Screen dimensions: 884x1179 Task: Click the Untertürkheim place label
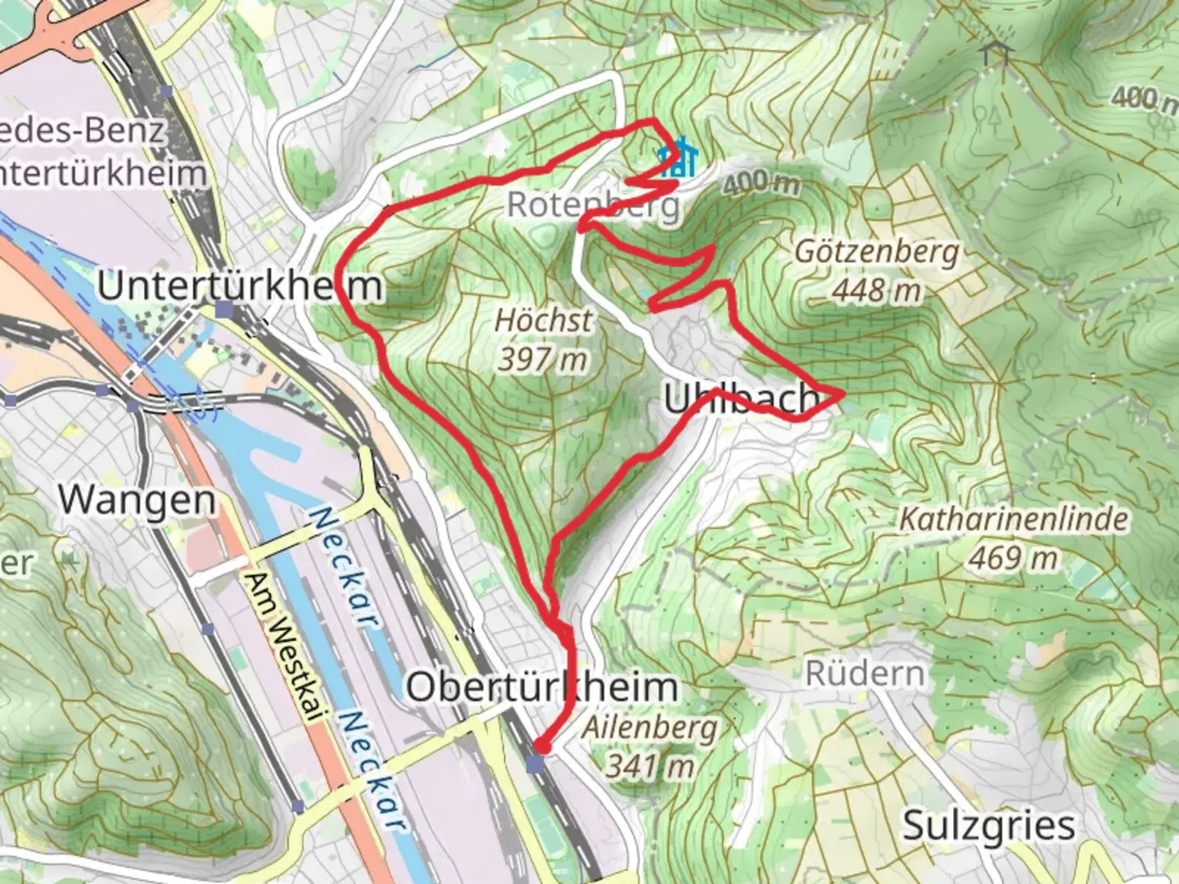point(239,286)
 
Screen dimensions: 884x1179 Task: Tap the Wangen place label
point(137,499)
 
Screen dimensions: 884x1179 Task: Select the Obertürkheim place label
point(542,686)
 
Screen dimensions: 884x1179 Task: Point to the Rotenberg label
point(593,205)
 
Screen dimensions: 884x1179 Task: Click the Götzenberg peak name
point(876,252)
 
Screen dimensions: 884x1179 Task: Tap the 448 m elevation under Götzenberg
point(876,290)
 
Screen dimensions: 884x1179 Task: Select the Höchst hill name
point(543,320)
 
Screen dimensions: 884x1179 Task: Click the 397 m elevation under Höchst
point(543,358)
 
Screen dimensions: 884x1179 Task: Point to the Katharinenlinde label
point(1014,519)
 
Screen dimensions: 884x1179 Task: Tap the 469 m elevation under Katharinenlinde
point(1014,558)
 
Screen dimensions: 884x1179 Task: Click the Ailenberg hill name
point(650,728)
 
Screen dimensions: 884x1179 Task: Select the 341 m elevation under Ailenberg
point(650,766)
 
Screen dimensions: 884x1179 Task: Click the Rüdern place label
point(865,674)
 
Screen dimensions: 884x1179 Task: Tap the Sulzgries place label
point(989,825)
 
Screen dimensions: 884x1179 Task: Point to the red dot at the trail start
point(542,746)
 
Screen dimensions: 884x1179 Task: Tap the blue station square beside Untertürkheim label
point(224,309)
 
